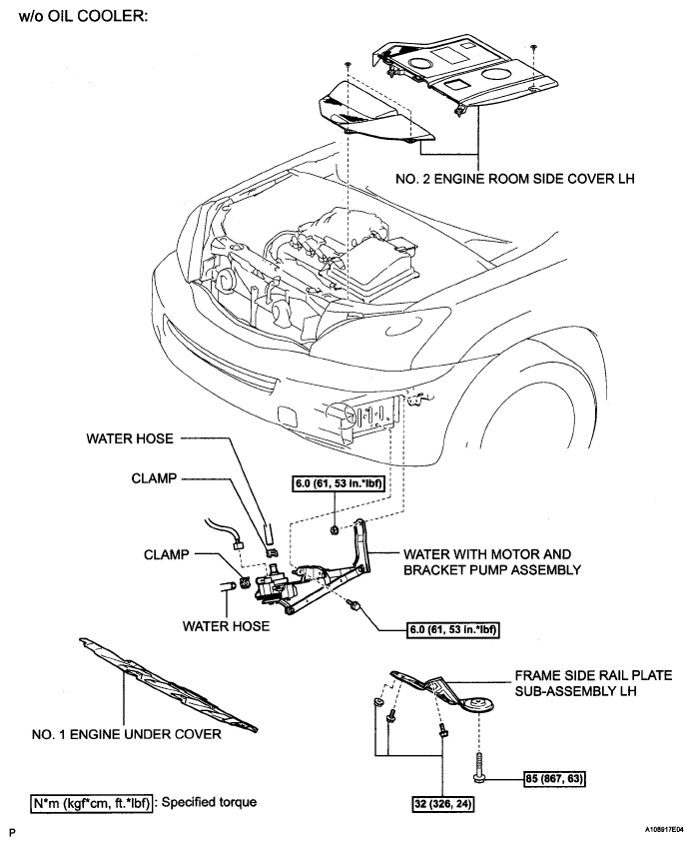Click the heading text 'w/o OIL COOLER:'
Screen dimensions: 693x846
coord(83,16)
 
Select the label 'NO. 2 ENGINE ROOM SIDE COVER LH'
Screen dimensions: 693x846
coord(515,178)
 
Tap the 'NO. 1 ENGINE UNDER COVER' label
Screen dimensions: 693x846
coord(127,734)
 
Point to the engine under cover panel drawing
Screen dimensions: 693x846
coord(168,684)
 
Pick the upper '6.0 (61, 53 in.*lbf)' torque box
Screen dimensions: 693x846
coord(339,483)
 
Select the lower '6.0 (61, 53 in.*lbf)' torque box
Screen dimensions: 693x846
coord(453,629)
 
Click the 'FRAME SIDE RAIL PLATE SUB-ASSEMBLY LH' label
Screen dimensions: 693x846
coord(593,683)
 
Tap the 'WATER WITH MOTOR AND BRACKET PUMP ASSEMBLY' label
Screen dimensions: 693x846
coord(492,561)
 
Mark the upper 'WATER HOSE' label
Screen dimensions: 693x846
coord(130,438)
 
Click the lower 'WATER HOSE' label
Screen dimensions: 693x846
coord(226,626)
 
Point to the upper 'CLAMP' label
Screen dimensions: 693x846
coord(154,478)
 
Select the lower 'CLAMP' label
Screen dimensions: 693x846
coord(167,554)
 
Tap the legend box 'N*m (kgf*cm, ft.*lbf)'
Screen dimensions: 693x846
coord(91,803)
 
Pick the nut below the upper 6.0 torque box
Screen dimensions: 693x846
coord(335,530)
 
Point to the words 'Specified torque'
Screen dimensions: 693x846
coord(210,802)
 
